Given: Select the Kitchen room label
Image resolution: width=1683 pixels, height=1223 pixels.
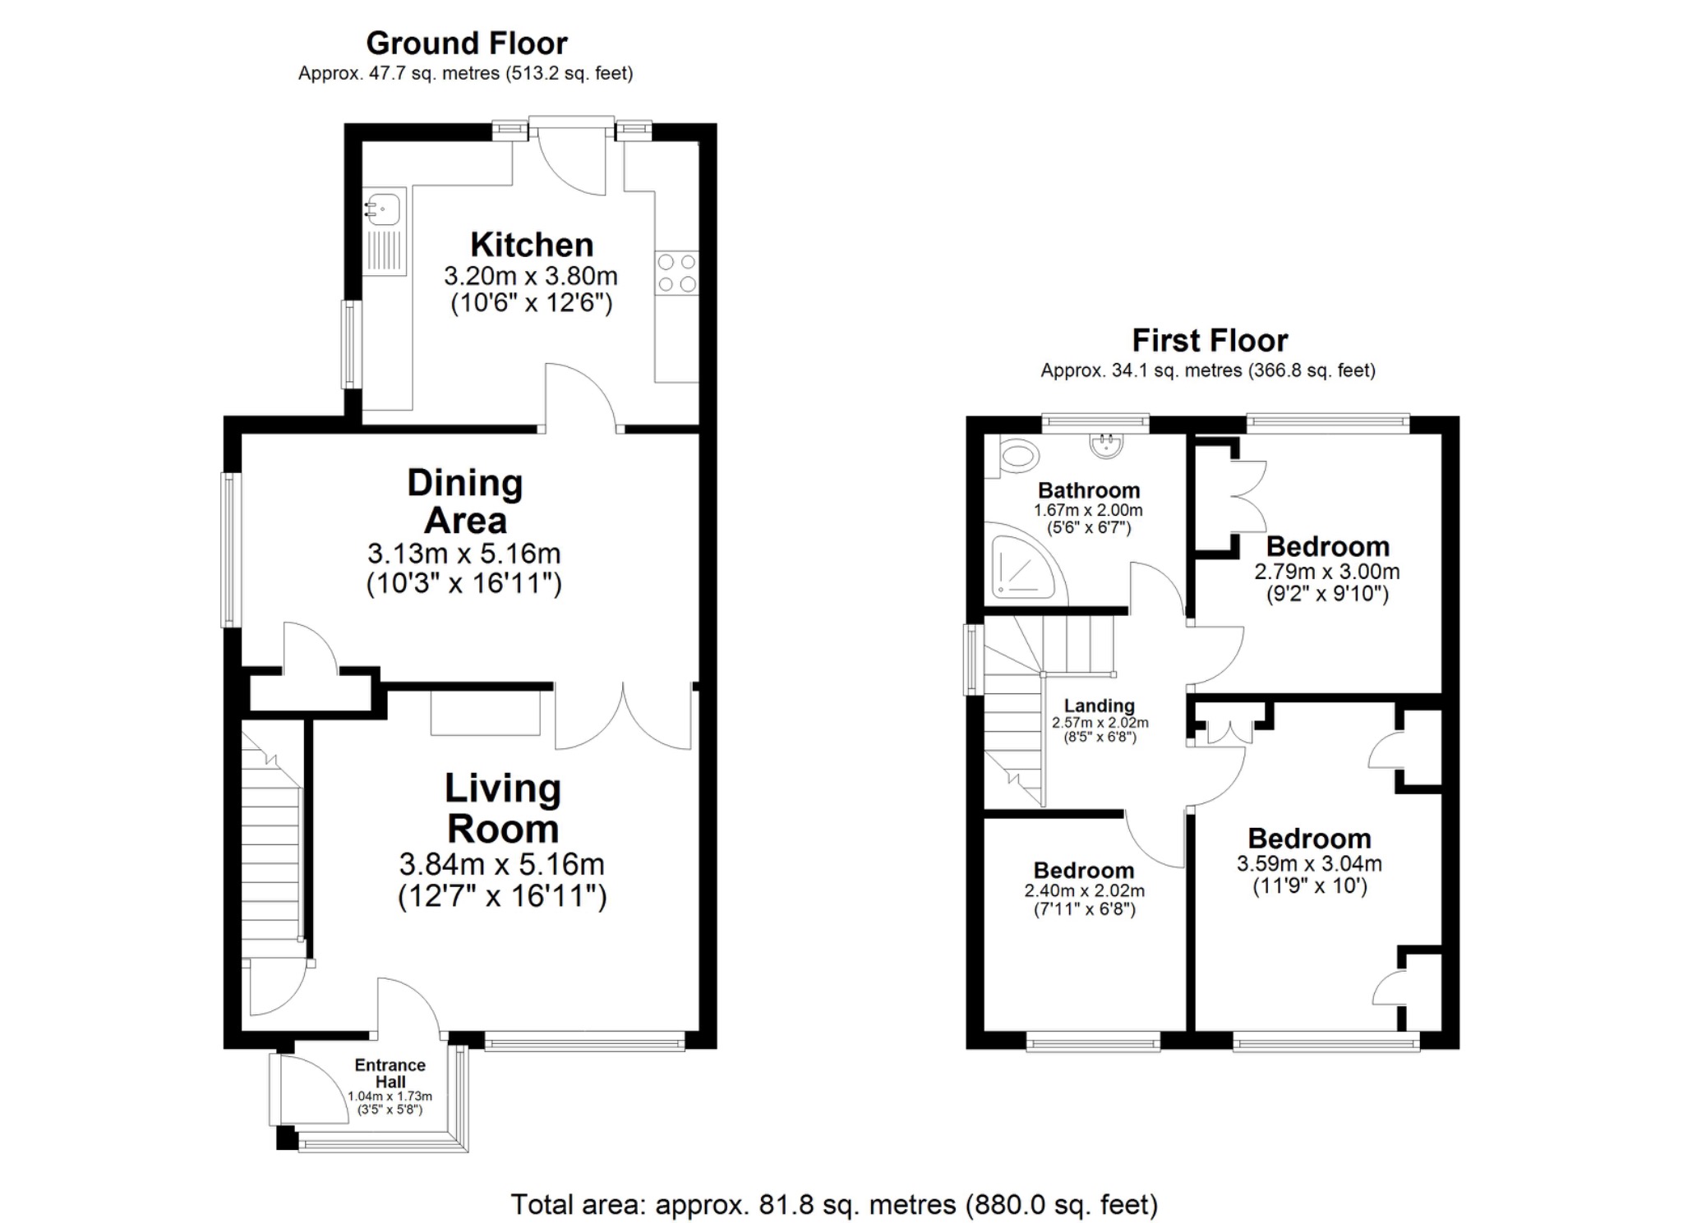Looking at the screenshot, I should click(x=532, y=245).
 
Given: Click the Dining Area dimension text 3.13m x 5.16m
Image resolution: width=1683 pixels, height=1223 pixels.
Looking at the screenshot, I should click(x=463, y=553).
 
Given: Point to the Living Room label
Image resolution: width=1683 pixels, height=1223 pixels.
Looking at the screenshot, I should click(x=503, y=808).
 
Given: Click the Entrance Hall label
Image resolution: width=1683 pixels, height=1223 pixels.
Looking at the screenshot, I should click(x=390, y=1073).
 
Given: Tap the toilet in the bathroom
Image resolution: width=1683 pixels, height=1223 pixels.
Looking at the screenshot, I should click(x=1018, y=454).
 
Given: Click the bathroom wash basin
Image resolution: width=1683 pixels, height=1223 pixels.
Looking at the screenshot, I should click(x=1106, y=445).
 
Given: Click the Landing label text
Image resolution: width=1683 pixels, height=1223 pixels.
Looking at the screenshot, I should click(x=1099, y=706).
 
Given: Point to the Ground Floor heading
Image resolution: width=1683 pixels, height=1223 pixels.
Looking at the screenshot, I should click(x=466, y=43).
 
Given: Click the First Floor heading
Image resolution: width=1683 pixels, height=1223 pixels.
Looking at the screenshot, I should click(x=1210, y=340).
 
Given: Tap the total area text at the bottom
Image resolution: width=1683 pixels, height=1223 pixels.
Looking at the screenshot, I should click(x=834, y=1204).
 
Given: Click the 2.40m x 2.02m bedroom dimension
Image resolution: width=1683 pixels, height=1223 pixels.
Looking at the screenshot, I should click(x=1084, y=890).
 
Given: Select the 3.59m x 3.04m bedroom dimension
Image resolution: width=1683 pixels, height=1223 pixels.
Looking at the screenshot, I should click(x=1309, y=864).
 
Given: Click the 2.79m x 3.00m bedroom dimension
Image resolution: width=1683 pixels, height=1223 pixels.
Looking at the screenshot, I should click(x=1326, y=571).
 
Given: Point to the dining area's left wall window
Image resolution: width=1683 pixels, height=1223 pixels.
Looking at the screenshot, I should click(x=232, y=549).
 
